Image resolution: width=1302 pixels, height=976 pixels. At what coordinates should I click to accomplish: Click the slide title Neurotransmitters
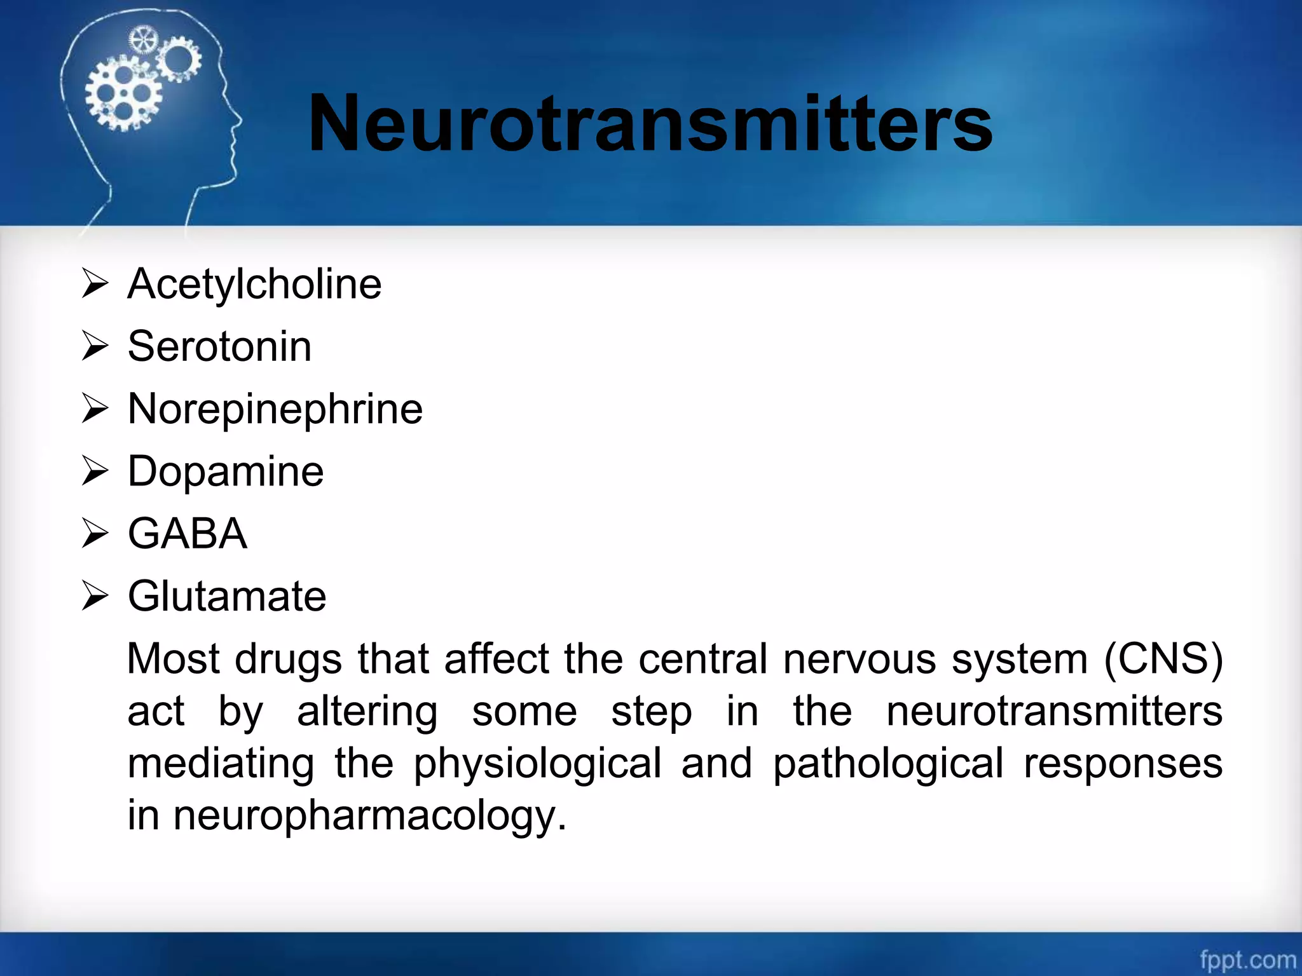pyautogui.click(x=650, y=123)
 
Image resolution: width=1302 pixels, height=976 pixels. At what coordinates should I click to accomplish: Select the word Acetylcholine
pyautogui.click(x=254, y=284)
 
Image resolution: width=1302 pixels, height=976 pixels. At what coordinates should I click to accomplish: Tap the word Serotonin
pyautogui.click(x=219, y=346)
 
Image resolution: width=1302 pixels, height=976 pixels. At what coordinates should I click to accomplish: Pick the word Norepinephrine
pyautogui.click(x=275, y=409)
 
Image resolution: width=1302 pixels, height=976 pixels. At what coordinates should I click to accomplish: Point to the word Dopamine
pyautogui.click(x=226, y=471)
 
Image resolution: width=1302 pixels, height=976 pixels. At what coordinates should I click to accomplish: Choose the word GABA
pyautogui.click(x=188, y=534)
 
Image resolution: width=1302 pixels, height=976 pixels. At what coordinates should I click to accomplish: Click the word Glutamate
pyautogui.click(x=227, y=596)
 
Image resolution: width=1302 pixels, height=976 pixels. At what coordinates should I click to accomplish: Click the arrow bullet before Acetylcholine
pyautogui.click(x=95, y=284)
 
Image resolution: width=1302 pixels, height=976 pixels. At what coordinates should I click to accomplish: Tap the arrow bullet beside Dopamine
pyautogui.click(x=95, y=471)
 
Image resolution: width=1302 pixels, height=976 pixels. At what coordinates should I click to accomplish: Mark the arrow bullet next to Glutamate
pyautogui.click(x=95, y=596)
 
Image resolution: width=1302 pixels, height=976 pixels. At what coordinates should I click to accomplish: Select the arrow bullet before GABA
pyautogui.click(x=95, y=534)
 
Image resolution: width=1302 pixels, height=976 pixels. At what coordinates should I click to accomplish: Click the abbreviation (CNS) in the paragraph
pyautogui.click(x=1163, y=659)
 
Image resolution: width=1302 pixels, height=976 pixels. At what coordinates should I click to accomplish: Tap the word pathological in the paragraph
pyautogui.click(x=887, y=763)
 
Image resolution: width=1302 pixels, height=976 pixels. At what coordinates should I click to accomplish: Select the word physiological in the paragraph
pyautogui.click(x=537, y=763)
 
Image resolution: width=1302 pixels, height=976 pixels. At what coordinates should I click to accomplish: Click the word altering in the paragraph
pyautogui.click(x=367, y=712)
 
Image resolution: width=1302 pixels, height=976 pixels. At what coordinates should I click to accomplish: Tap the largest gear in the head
pyautogui.click(x=123, y=95)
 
